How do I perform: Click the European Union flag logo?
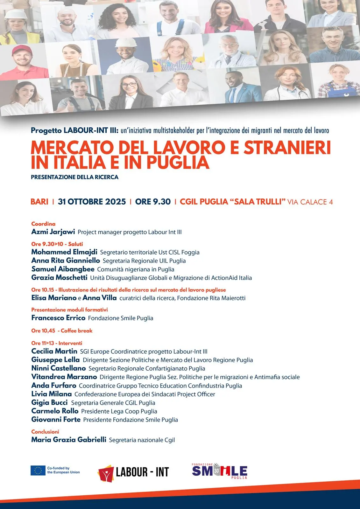pyautogui.click(x=38, y=470)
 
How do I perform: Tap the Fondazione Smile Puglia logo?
pyautogui.click(x=220, y=471)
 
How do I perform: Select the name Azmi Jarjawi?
pyautogui.click(x=53, y=232)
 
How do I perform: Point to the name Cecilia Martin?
pyautogui.click(x=54, y=351)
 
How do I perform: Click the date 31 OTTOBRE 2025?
pyautogui.click(x=92, y=202)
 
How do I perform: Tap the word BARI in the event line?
pyautogui.click(x=39, y=202)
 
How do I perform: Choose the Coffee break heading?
pyautogui.click(x=76, y=331)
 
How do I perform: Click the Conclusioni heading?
pyautogui.click(x=45, y=432)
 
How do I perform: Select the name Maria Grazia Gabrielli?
pyautogui.click(x=69, y=440)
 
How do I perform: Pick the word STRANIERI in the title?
pyautogui.click(x=287, y=148)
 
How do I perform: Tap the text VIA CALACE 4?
pyautogui.click(x=310, y=202)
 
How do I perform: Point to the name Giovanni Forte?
pyautogui.click(x=56, y=420)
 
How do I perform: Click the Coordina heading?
pyautogui.click(x=43, y=224)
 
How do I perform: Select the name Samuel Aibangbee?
pyautogui.click(x=63, y=269)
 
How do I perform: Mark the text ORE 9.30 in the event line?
pyautogui.click(x=153, y=202)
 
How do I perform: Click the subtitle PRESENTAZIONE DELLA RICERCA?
pyautogui.click(x=74, y=177)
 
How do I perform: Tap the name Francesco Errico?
pyautogui.click(x=58, y=318)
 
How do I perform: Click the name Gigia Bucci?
pyautogui.click(x=49, y=402)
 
